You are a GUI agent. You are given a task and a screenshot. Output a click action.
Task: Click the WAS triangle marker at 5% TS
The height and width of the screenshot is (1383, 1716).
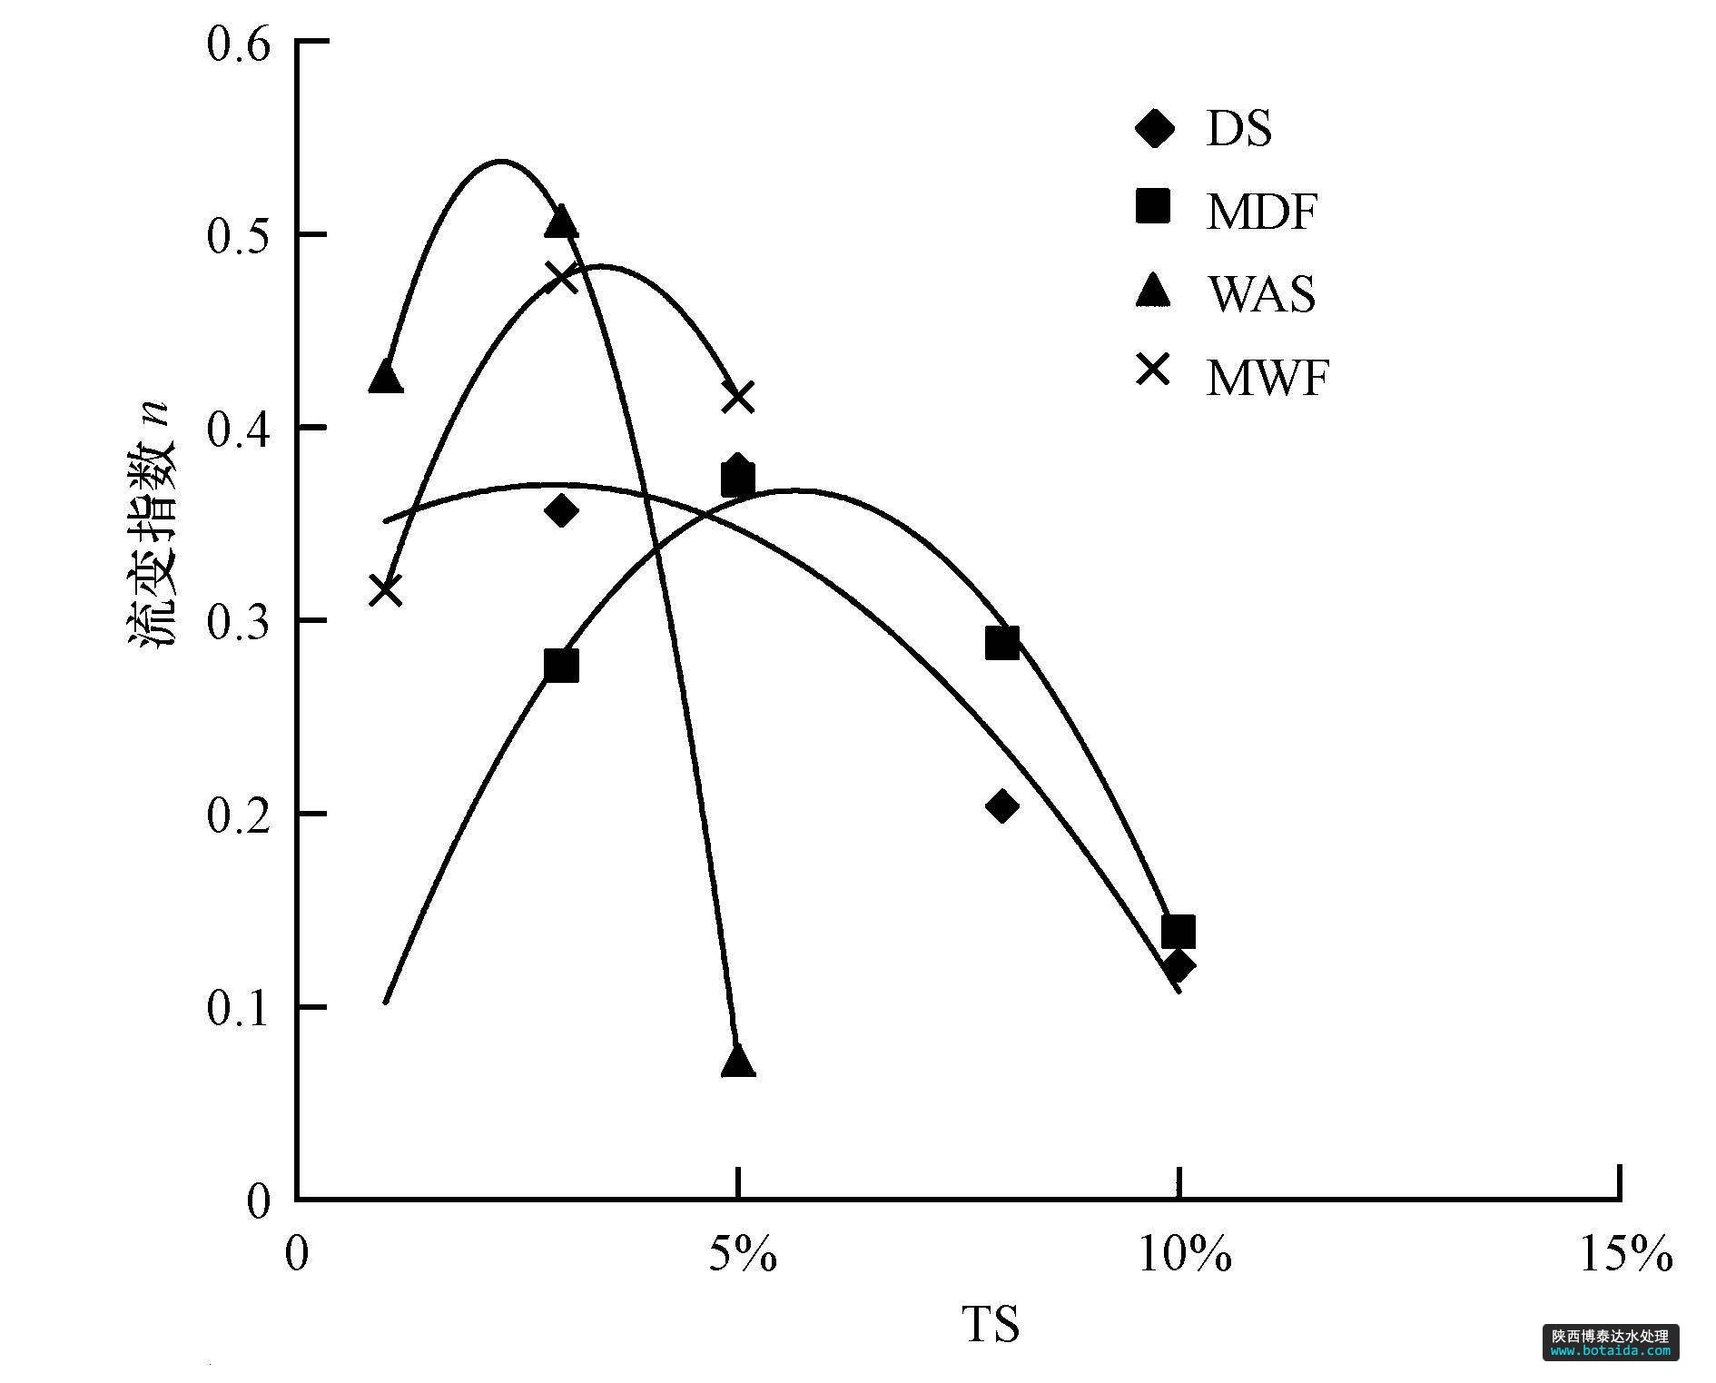click(738, 1061)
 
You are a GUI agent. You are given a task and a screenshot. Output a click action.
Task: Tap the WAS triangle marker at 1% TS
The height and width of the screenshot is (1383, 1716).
click(386, 377)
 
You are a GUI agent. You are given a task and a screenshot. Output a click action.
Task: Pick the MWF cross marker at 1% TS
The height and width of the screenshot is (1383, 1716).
click(386, 591)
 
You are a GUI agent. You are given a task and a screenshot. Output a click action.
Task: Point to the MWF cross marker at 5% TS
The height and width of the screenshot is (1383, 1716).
click(738, 397)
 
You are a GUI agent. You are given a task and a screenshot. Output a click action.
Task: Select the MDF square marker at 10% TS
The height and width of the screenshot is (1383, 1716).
click(1178, 932)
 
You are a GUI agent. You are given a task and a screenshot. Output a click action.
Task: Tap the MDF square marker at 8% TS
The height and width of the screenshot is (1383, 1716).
click(1001, 643)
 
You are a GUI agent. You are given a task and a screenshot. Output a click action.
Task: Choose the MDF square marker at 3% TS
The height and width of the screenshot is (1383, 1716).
click(562, 666)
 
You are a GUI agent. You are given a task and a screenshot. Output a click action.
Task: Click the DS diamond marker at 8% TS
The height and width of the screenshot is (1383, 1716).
click(1001, 805)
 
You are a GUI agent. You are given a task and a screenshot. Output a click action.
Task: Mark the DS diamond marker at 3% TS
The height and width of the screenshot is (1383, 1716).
click(562, 510)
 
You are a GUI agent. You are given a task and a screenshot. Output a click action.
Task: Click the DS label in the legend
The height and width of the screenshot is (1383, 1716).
click(1238, 129)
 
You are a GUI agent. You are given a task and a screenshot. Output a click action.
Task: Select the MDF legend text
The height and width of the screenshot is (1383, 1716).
click(1261, 212)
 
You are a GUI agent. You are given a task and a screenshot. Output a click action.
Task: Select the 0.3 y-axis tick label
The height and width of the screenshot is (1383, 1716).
click(238, 623)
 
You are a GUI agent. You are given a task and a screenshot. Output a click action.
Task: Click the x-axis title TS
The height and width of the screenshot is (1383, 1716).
click(991, 1325)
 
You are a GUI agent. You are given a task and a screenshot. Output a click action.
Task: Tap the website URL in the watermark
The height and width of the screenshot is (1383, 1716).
click(1610, 1350)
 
